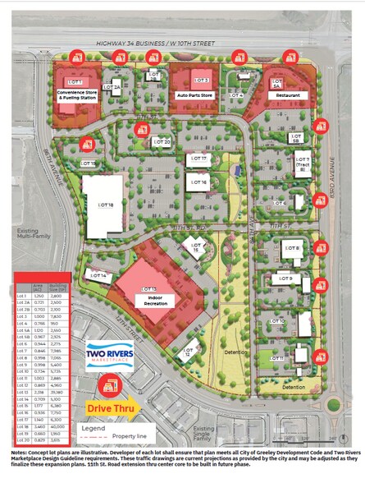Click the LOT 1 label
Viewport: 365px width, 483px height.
76,83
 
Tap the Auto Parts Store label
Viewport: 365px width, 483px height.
195,95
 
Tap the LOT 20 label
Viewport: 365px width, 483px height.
161,142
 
